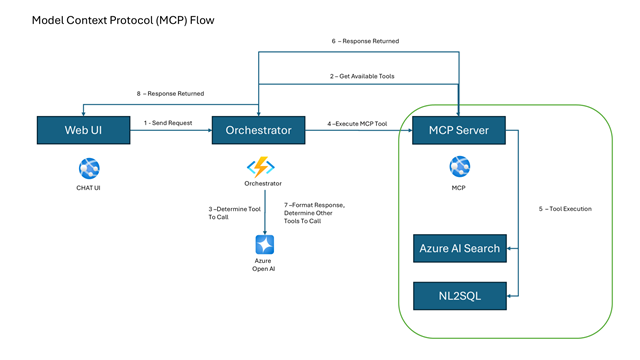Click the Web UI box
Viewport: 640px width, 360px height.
[x=83, y=130]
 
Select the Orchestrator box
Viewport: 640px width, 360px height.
[x=258, y=130]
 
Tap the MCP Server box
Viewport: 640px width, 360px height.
[x=459, y=130]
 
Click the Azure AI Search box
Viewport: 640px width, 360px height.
[x=459, y=248]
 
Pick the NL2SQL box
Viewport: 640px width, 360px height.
[x=459, y=295]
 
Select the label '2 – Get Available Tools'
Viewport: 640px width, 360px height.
[x=363, y=76]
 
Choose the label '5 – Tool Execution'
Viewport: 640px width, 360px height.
[x=565, y=209]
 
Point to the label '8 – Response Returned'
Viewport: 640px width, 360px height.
[x=170, y=93]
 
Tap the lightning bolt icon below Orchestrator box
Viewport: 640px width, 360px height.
[x=262, y=167]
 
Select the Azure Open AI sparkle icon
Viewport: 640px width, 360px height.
[x=264, y=244]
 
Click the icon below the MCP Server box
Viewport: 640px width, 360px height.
[x=459, y=166]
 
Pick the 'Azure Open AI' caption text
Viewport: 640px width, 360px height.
[x=264, y=266]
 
